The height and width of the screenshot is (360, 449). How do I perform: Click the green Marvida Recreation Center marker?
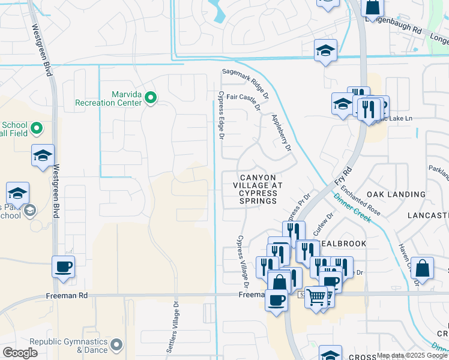tap(151, 97)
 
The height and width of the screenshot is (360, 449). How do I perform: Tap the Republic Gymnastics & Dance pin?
tap(116, 345)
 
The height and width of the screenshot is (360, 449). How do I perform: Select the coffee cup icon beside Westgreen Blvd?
tap(63, 267)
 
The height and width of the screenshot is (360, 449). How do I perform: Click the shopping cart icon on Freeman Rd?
tap(316, 296)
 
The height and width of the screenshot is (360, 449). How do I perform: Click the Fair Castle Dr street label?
tap(243, 101)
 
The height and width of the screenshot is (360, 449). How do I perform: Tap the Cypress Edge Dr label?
tap(221, 116)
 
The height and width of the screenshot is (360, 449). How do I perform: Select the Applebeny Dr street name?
tap(281, 133)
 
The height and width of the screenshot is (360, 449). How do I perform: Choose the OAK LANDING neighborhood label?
tap(396, 194)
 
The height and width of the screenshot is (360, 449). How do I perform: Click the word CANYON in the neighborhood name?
tap(258, 178)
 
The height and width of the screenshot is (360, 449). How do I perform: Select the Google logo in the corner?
tap(20, 353)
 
